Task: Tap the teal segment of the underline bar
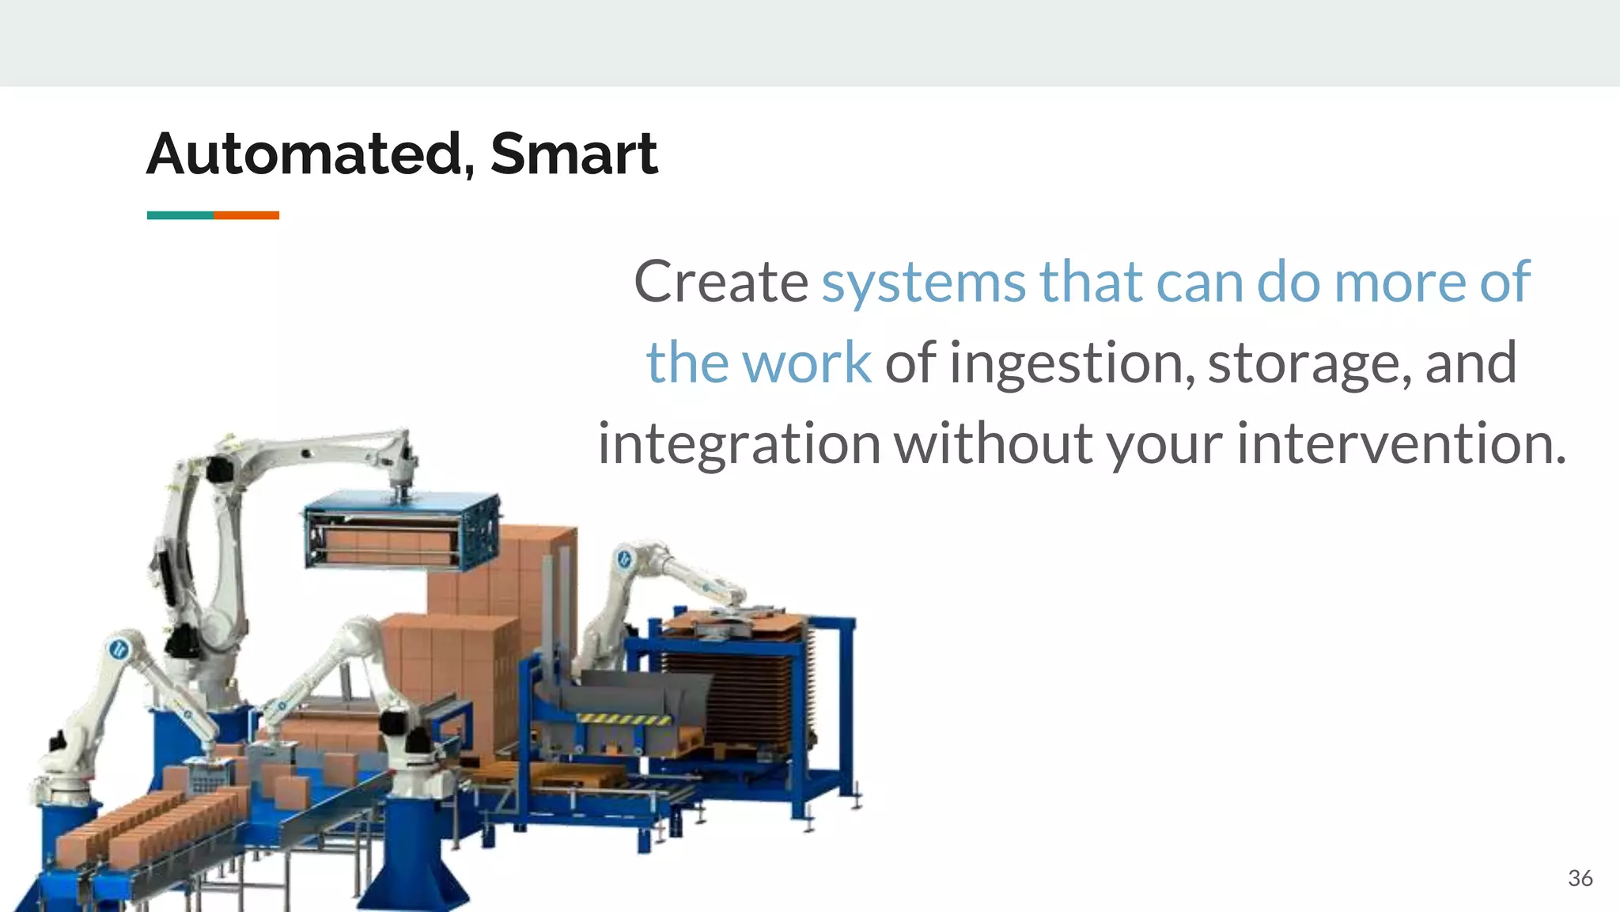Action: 180,215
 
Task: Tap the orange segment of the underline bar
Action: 246,215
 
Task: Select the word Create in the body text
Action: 720,282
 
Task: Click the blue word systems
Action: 923,283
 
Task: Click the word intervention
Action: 1400,443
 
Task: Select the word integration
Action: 739,445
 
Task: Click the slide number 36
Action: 1580,878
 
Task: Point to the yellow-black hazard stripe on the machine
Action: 624,719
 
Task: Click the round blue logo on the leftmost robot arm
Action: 119,649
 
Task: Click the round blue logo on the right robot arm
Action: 625,560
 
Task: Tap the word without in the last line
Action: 994,443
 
